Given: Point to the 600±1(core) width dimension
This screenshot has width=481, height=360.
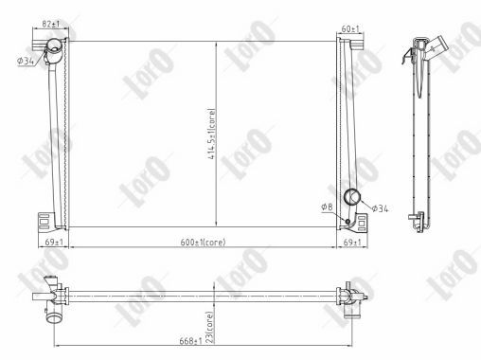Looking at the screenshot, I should pyautogui.click(x=202, y=243).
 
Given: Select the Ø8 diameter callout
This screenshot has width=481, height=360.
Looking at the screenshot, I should pyautogui.click(x=327, y=207).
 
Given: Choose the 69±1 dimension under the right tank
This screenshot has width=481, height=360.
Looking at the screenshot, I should pyautogui.click(x=350, y=243).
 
